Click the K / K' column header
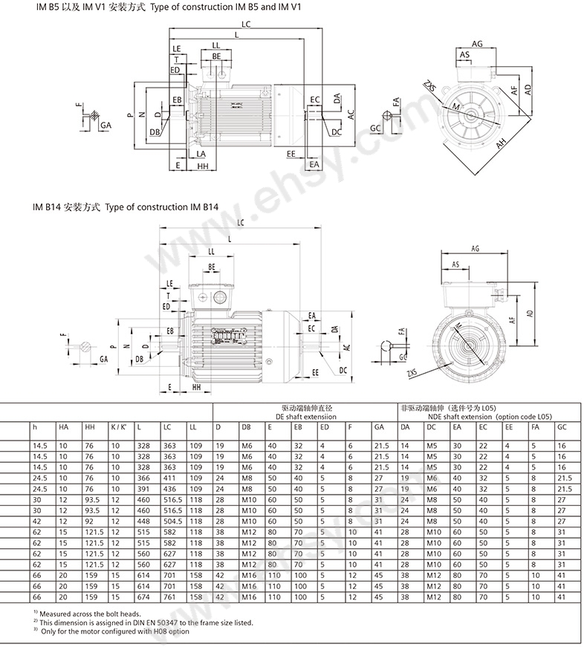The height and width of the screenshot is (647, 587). pos(118,427)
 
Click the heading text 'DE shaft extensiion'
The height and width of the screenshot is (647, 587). pos(305,417)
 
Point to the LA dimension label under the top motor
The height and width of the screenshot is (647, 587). pos(201,153)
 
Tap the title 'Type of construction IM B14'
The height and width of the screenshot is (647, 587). pos(162,209)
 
